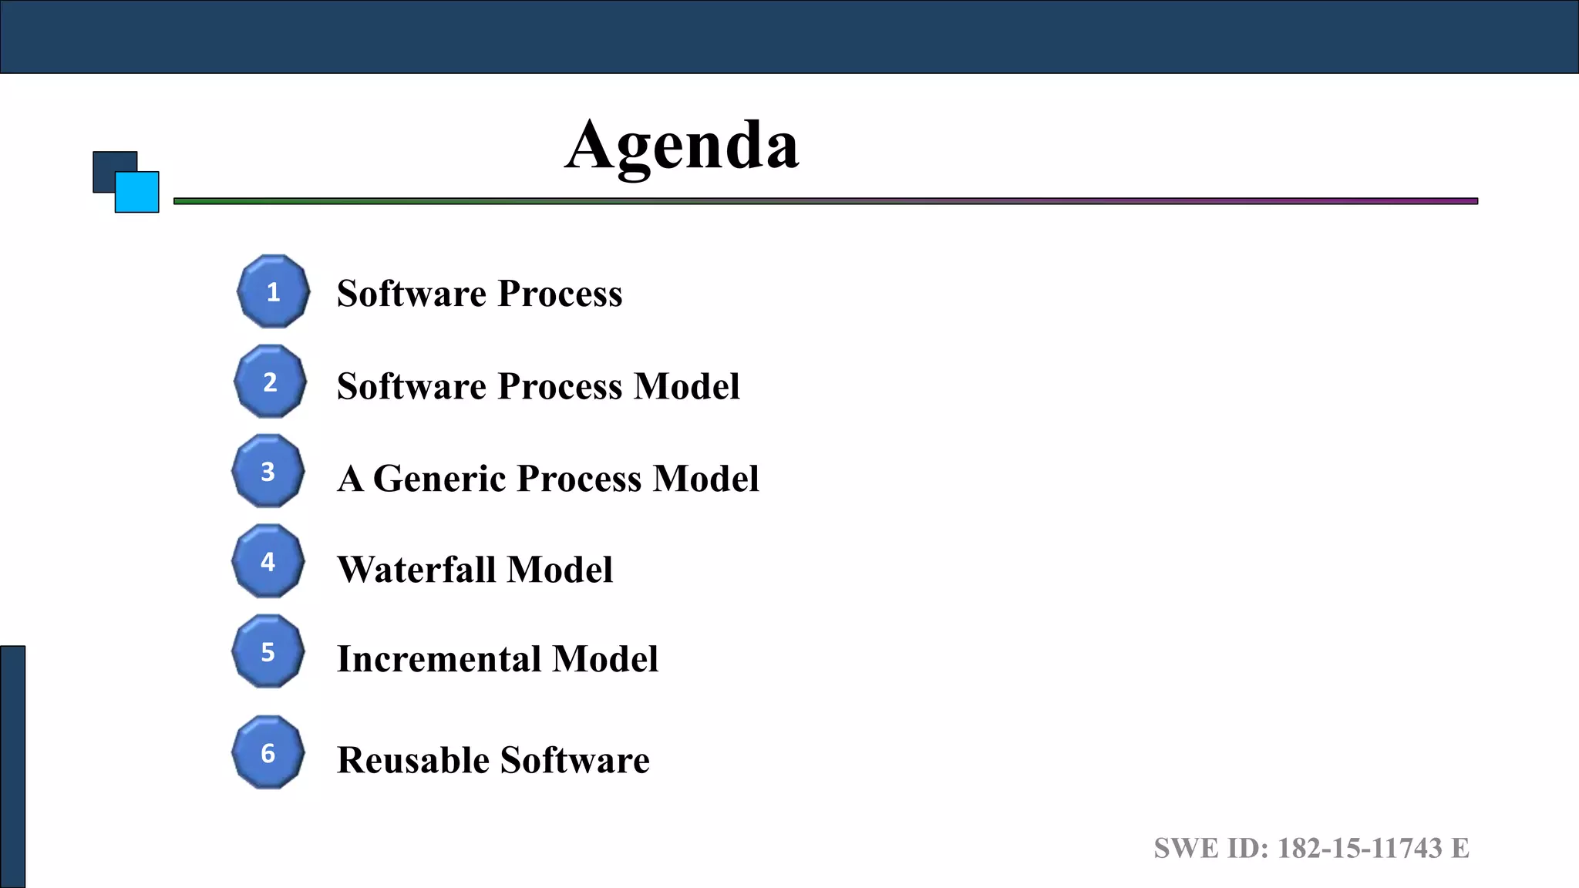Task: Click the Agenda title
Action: pos(682,146)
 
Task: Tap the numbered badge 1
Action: pos(273,292)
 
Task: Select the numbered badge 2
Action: pos(270,382)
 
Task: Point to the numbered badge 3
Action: pos(268,471)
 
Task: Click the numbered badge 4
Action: pos(268,561)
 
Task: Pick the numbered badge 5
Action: pos(268,651)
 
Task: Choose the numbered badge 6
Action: pos(268,752)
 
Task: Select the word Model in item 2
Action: pos(686,386)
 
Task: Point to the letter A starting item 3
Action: pos(351,479)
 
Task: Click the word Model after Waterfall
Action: pos(560,570)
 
